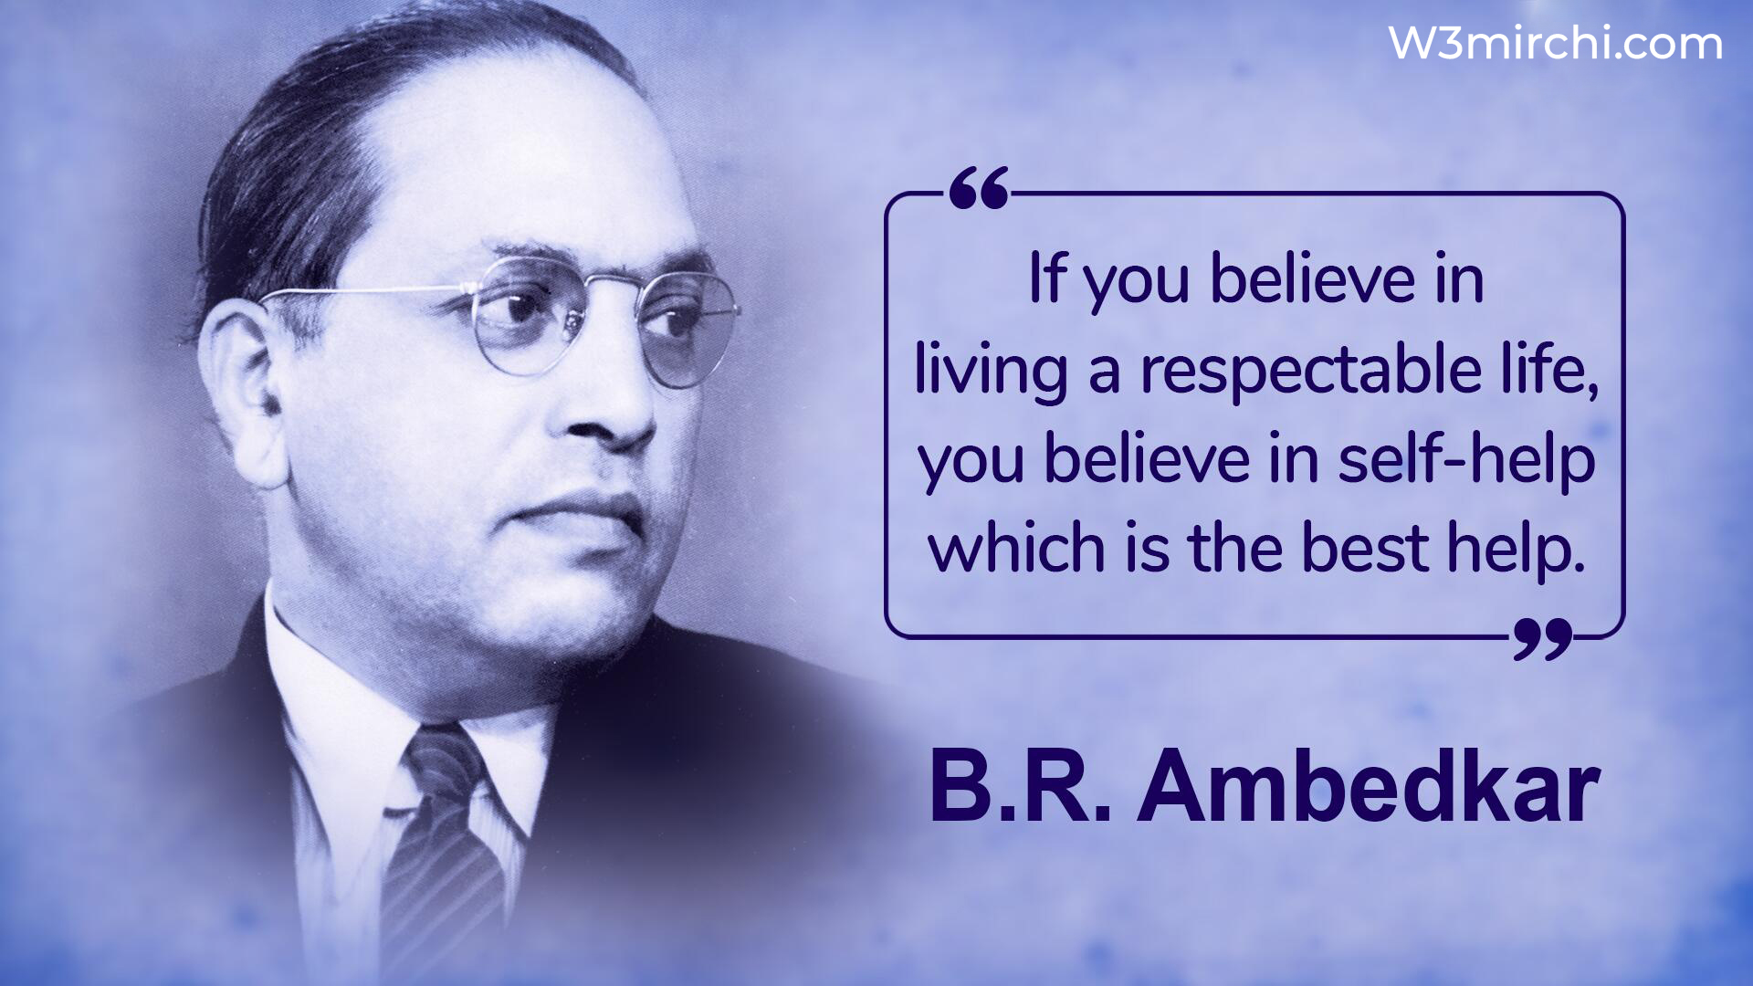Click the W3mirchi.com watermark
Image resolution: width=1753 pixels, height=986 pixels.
(x=1555, y=43)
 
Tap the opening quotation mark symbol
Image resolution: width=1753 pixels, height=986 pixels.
(x=979, y=188)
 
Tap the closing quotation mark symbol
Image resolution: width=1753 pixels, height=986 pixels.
(x=1543, y=638)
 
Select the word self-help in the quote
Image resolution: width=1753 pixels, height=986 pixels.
(x=1466, y=461)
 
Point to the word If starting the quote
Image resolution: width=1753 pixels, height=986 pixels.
(x=1046, y=278)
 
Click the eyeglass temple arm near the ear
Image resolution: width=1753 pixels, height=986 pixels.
(x=365, y=292)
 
